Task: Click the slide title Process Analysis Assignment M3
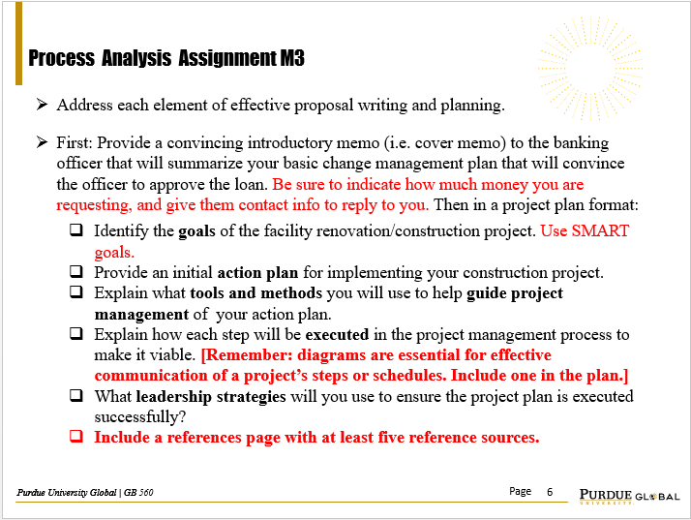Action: click(166, 59)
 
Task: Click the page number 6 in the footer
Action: click(550, 492)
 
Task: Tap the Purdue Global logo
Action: click(628, 494)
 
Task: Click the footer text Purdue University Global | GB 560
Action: click(84, 493)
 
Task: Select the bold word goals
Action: click(198, 231)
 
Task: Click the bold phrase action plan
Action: click(255, 272)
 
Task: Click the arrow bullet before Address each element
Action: click(42, 104)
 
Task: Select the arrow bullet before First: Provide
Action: click(42, 142)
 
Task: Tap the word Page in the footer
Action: click(520, 492)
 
